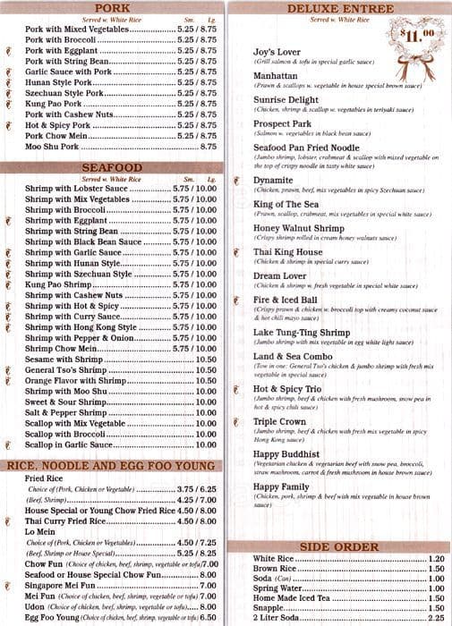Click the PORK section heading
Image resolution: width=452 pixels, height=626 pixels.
click(112, 8)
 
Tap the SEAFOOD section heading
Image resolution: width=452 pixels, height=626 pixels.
click(112, 167)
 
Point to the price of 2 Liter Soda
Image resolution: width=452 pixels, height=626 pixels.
click(436, 617)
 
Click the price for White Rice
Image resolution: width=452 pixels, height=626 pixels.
click(436, 560)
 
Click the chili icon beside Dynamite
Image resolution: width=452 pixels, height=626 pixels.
click(235, 180)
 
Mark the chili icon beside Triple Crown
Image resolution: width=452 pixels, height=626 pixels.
click(235, 420)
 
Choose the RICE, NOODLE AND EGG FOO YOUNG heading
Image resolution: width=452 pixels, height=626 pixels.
click(112, 465)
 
